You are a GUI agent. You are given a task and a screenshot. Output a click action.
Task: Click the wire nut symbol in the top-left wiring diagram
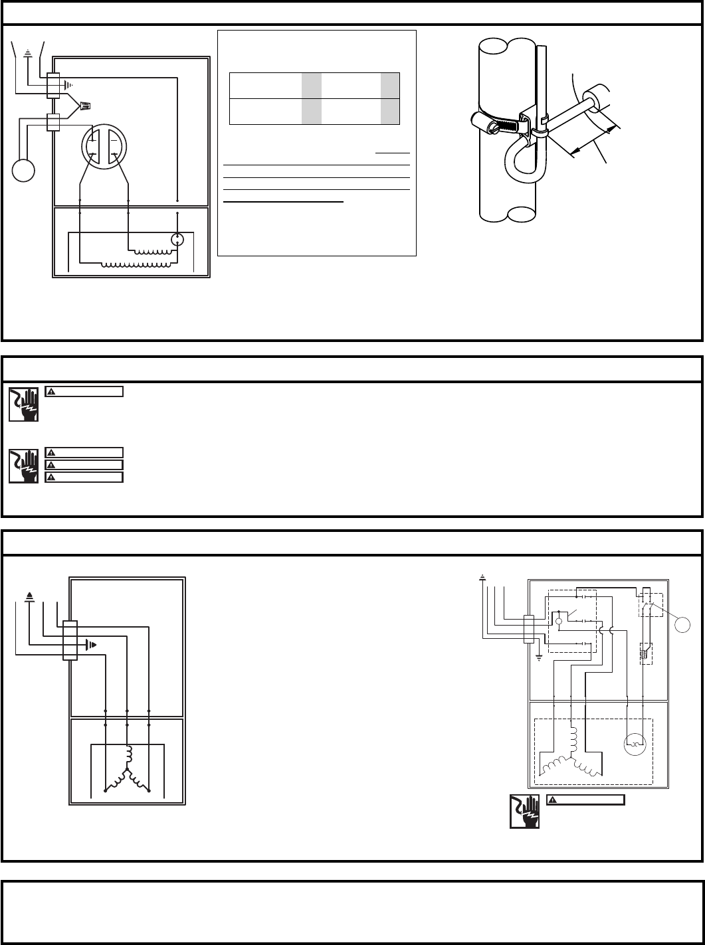click(x=84, y=105)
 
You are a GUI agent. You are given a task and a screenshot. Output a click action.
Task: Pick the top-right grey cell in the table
click(x=390, y=86)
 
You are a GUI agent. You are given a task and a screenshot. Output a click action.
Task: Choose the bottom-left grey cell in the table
click(x=312, y=112)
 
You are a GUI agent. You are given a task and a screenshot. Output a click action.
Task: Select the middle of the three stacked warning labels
click(x=84, y=465)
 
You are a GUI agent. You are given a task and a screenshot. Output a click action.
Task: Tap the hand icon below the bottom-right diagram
click(x=524, y=812)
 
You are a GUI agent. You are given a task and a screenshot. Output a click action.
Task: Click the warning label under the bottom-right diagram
click(x=585, y=800)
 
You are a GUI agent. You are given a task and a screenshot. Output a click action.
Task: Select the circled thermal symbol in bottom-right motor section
click(x=636, y=744)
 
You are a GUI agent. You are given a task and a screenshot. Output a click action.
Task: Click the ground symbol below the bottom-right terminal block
click(x=539, y=660)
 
